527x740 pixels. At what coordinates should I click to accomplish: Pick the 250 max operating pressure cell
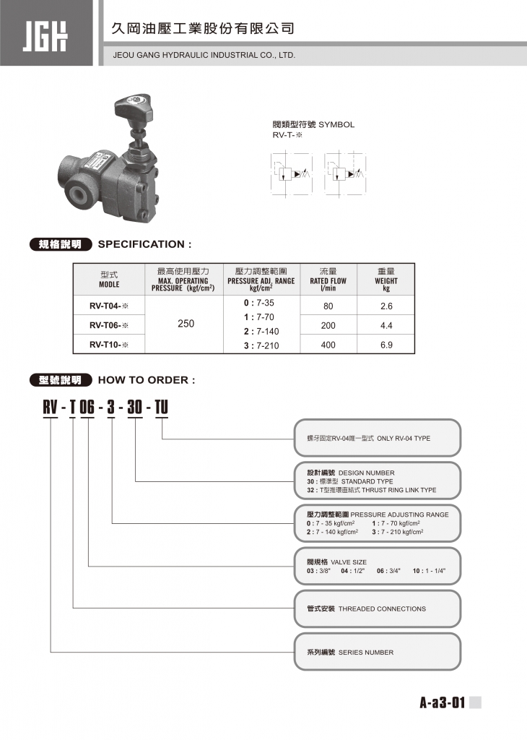point(186,324)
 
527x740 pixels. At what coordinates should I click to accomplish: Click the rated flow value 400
point(328,345)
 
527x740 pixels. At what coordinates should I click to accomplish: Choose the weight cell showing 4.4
point(386,325)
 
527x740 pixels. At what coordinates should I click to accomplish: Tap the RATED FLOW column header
point(328,280)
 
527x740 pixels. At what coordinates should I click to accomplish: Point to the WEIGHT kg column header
point(386,280)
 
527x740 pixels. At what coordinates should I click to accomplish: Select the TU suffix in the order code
point(161,407)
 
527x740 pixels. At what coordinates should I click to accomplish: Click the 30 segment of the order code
point(134,407)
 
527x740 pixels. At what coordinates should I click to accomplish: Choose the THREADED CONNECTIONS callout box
point(378,608)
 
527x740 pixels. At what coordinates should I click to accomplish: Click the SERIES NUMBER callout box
point(378,652)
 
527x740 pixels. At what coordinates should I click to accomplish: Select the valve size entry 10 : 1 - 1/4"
point(430,571)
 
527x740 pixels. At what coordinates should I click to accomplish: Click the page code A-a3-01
point(443,703)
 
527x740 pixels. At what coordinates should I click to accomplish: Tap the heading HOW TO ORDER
point(146,380)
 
